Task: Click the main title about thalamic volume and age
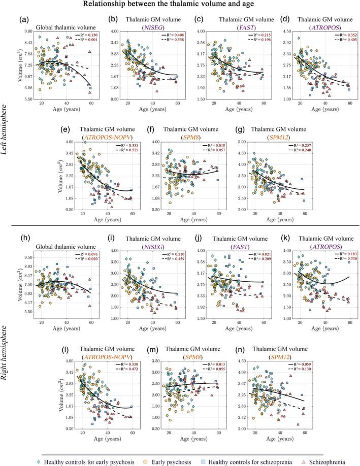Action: [180, 6]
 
